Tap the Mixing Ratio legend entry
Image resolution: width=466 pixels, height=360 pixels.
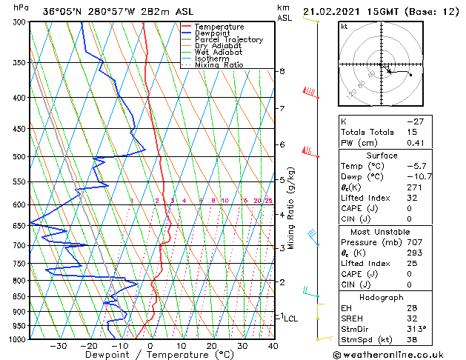coord(219,65)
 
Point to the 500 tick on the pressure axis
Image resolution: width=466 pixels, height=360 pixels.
coord(17,157)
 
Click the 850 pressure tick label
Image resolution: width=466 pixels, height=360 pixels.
coord(17,297)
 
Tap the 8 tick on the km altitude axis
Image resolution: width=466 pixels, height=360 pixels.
coord(282,71)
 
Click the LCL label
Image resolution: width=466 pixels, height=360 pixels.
coord(290,319)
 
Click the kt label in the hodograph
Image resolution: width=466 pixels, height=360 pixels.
coord(344,27)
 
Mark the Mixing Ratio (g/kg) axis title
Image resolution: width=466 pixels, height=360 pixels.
coord(291,209)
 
